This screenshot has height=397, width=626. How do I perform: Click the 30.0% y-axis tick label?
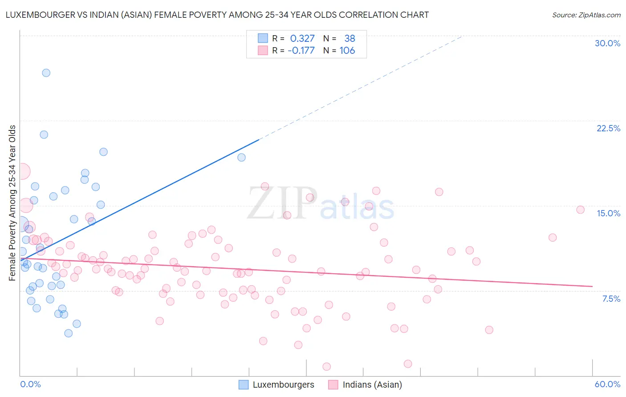(x=607, y=43)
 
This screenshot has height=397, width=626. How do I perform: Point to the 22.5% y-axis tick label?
(x=608, y=128)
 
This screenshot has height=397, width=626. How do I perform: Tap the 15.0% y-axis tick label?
(x=608, y=213)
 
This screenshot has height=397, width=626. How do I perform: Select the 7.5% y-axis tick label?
(x=611, y=299)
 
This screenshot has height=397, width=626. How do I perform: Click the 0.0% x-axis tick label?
(x=30, y=384)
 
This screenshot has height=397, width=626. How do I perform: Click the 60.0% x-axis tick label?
(x=607, y=384)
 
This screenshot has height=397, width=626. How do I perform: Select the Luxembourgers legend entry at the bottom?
(x=276, y=385)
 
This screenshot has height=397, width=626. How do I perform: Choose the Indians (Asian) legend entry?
(x=365, y=385)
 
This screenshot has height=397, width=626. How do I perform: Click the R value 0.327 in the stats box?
(x=302, y=39)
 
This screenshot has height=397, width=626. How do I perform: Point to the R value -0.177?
(x=301, y=51)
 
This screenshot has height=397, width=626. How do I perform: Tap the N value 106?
(x=347, y=51)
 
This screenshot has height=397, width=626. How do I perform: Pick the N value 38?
(x=350, y=39)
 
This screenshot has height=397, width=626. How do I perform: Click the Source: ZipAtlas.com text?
(x=586, y=15)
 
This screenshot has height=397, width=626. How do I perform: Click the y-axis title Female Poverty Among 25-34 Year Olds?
(x=12, y=203)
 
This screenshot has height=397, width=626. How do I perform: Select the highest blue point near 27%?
(x=46, y=73)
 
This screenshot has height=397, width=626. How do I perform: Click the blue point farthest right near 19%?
(x=241, y=158)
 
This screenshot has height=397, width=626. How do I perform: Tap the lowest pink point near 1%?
(x=326, y=367)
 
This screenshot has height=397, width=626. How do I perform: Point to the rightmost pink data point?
(x=580, y=210)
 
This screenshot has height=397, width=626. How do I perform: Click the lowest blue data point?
(x=68, y=333)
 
